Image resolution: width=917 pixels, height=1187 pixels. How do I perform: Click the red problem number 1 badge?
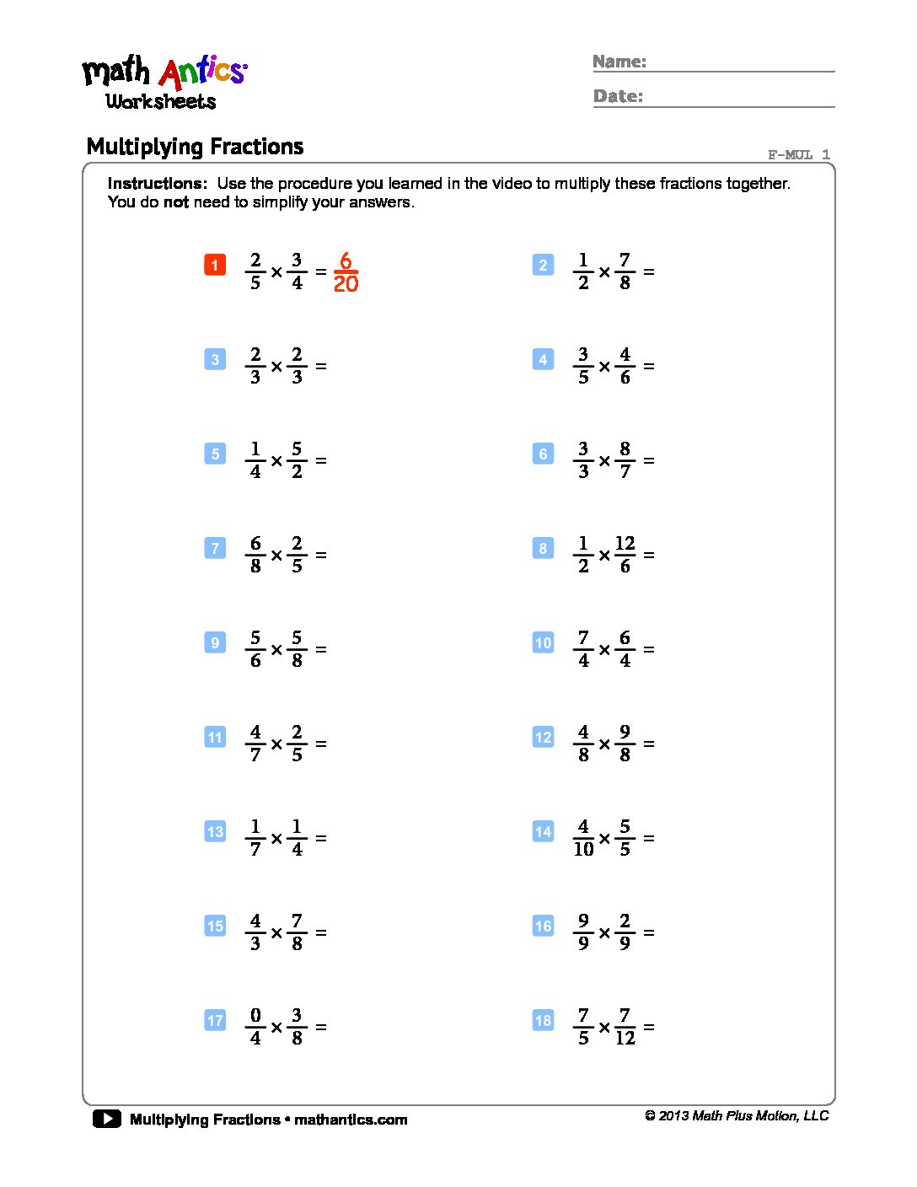pos(215,265)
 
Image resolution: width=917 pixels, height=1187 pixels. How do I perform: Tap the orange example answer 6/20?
pos(346,272)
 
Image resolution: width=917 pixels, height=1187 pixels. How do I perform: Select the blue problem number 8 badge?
pos(543,548)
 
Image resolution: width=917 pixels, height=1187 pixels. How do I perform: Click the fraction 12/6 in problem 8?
pos(625,555)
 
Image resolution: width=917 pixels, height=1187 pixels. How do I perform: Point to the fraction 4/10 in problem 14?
pos(583,838)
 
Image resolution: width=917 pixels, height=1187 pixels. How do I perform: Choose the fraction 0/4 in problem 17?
pos(255,1027)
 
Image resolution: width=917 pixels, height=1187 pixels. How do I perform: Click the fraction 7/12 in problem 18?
pos(625,1027)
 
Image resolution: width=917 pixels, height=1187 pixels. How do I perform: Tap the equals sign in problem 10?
pos(649,650)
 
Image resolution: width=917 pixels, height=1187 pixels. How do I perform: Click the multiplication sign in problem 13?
pos(276,839)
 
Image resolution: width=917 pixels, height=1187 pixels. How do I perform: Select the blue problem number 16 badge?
pos(543,926)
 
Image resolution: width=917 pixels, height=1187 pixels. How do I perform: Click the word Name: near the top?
pos(619,62)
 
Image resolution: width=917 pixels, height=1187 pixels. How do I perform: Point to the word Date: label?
pos(618,96)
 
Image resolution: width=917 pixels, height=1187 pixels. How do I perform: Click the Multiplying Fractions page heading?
pos(195,147)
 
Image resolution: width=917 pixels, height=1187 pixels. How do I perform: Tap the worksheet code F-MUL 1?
pos(798,154)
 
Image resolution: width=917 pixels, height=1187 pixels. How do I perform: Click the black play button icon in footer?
pos(107,1119)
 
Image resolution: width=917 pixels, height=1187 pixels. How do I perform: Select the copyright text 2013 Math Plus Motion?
pos(737,1115)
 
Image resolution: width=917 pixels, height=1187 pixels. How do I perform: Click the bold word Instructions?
pos(157,183)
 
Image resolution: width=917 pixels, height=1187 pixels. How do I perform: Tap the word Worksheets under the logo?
pos(161,101)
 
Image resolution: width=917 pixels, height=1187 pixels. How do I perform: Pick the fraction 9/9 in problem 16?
pos(583,932)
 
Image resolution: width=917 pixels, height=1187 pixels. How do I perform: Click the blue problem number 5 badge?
pos(215,454)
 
